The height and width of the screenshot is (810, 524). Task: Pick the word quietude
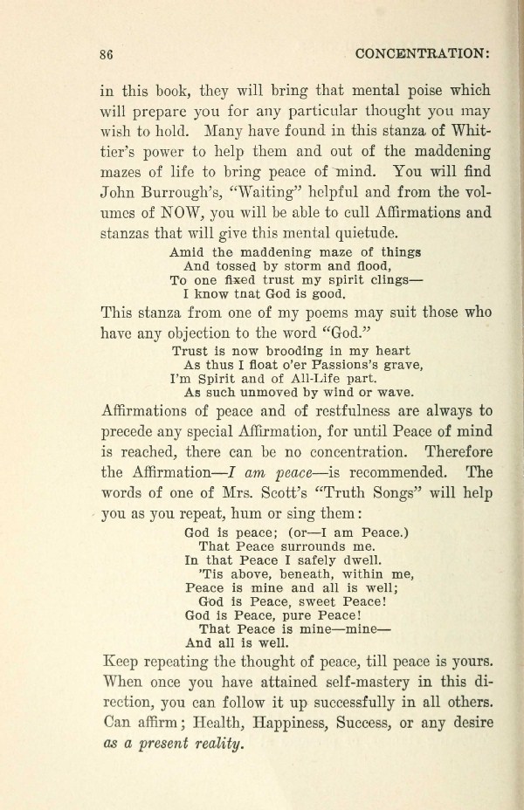[x=360, y=233]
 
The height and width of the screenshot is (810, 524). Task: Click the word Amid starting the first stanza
[x=187, y=252]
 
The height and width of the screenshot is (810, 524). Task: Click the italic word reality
[x=218, y=745]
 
